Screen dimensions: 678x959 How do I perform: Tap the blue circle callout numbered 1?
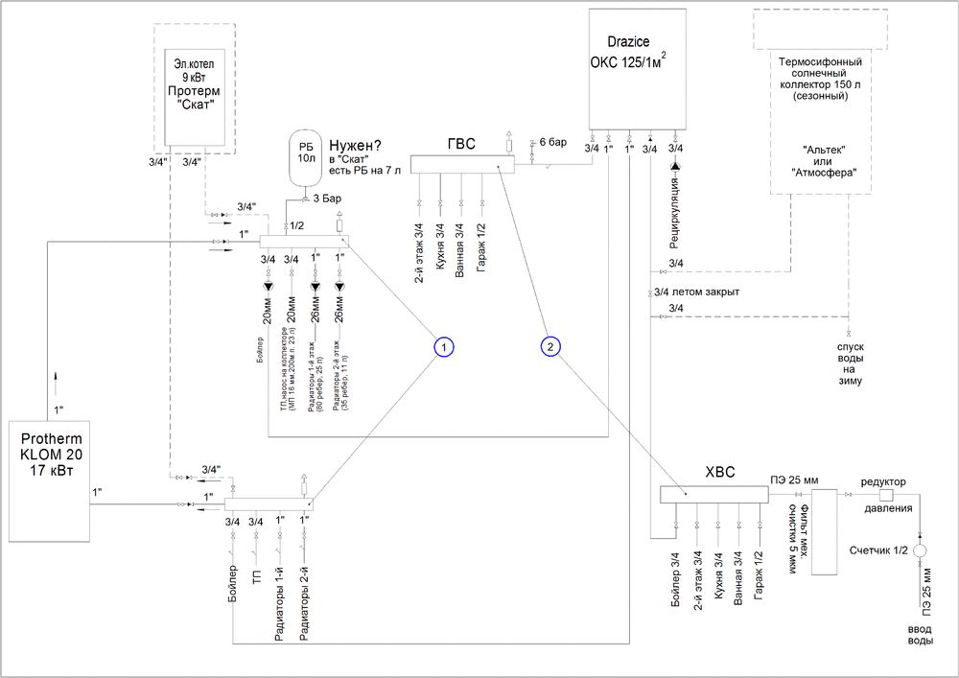442,346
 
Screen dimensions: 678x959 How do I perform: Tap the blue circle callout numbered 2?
550,346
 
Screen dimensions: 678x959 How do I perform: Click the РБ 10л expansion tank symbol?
306,156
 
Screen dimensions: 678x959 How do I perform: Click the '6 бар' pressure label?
553,142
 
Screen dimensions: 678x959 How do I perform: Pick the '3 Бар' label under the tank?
327,199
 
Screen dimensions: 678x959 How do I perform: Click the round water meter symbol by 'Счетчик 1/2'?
920,551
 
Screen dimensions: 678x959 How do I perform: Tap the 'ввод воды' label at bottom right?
920,634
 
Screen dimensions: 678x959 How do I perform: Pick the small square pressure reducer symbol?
885,495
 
